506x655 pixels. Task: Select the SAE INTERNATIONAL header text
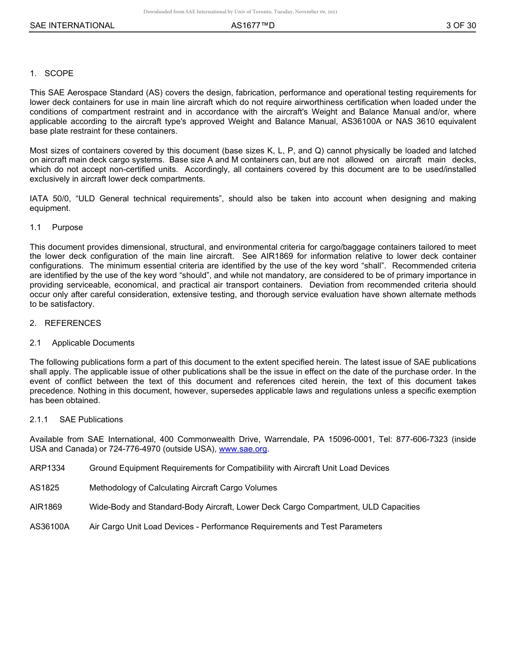coord(72,26)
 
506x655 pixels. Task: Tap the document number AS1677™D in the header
coord(253,26)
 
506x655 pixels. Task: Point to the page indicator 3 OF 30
coord(461,26)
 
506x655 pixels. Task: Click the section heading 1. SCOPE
coord(52,73)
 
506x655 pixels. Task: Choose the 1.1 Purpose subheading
coord(56,227)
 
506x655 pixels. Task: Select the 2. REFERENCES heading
coord(66,323)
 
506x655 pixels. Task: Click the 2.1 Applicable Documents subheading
coord(82,343)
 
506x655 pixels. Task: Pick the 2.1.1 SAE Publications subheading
coord(76,420)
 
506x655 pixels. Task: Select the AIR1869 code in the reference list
coord(46,507)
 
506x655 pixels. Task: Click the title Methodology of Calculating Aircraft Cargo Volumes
coord(183,488)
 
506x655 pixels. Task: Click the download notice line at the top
coord(240,12)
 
